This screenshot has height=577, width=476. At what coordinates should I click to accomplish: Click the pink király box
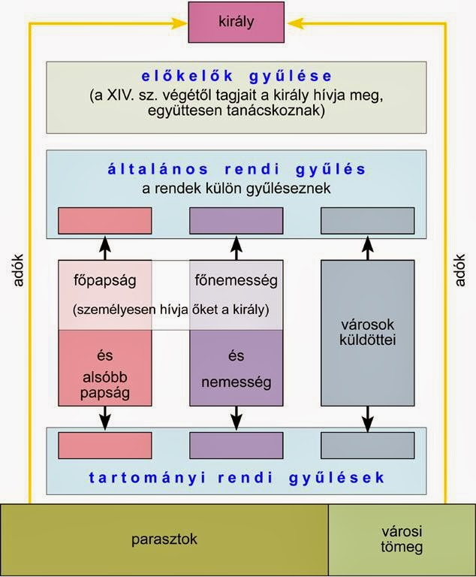coord(237,23)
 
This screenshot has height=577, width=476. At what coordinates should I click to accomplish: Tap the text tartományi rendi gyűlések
coord(237,478)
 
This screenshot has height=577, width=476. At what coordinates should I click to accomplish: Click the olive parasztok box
coord(164,539)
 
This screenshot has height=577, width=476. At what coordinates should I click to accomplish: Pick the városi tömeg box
coord(402,539)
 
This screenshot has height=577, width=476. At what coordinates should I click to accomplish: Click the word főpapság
coord(104,281)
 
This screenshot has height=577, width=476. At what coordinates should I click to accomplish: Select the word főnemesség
coord(236,281)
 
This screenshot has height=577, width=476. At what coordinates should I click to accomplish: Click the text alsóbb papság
coord(104,383)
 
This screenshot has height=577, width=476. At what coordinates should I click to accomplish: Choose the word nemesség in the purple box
coord(236,383)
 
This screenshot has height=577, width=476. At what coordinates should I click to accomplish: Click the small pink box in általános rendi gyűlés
coord(105,220)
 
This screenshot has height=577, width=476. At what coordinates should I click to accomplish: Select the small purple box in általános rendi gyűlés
coord(236,220)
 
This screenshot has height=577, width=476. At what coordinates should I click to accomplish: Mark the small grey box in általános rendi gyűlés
coord(367,220)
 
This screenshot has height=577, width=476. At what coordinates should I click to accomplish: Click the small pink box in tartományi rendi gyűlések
coord(105,446)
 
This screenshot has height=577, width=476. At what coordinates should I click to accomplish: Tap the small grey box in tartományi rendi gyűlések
coord(367,446)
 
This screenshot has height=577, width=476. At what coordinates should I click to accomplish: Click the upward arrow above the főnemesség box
coord(236,247)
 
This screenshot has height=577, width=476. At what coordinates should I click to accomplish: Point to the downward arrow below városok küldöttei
coord(367,418)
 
